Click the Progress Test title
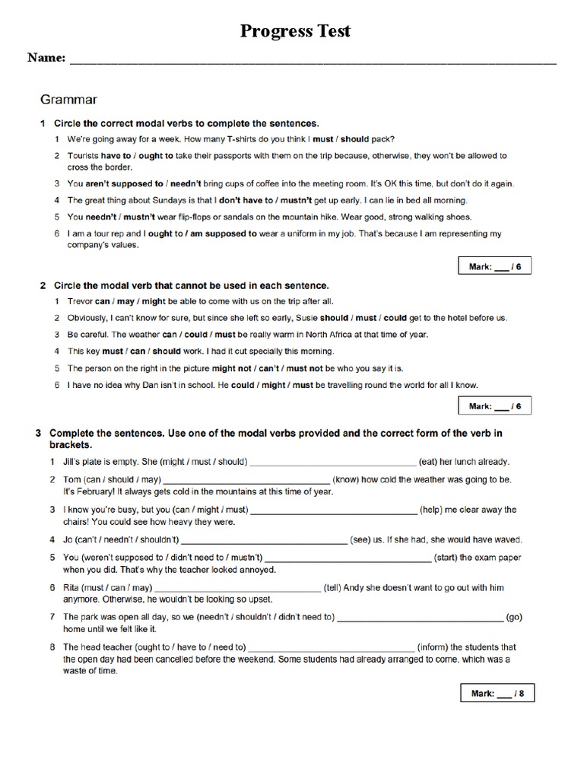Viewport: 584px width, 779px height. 296,31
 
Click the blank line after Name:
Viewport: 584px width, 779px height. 313,60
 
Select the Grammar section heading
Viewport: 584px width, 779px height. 68,99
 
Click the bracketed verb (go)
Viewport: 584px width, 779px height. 514,617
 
